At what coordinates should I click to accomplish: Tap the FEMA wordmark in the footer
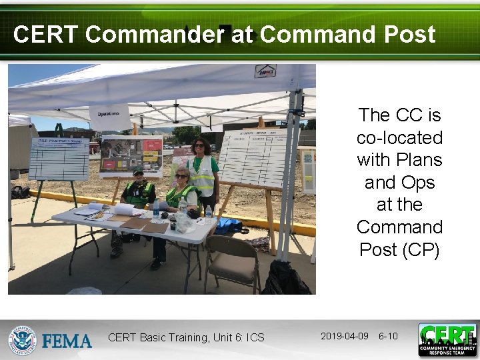pyautogui.click(x=67, y=341)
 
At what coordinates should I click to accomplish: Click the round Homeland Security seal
pyautogui.click(x=23, y=340)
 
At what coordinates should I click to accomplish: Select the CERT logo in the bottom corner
pyautogui.click(x=447, y=339)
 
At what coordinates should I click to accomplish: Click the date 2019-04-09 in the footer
pyautogui.click(x=344, y=336)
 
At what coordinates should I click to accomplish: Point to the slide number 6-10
pyautogui.click(x=388, y=336)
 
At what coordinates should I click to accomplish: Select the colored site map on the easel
pyautogui.click(x=131, y=156)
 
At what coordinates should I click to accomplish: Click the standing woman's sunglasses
pyautogui.click(x=199, y=145)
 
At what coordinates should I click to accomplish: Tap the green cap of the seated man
pyautogui.click(x=138, y=171)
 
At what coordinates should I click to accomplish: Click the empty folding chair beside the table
pyautogui.click(x=231, y=260)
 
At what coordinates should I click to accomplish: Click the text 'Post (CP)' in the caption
pyautogui.click(x=399, y=249)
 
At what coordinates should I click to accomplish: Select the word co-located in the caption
pyautogui.click(x=399, y=137)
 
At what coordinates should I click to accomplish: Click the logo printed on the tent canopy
pyautogui.click(x=265, y=71)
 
